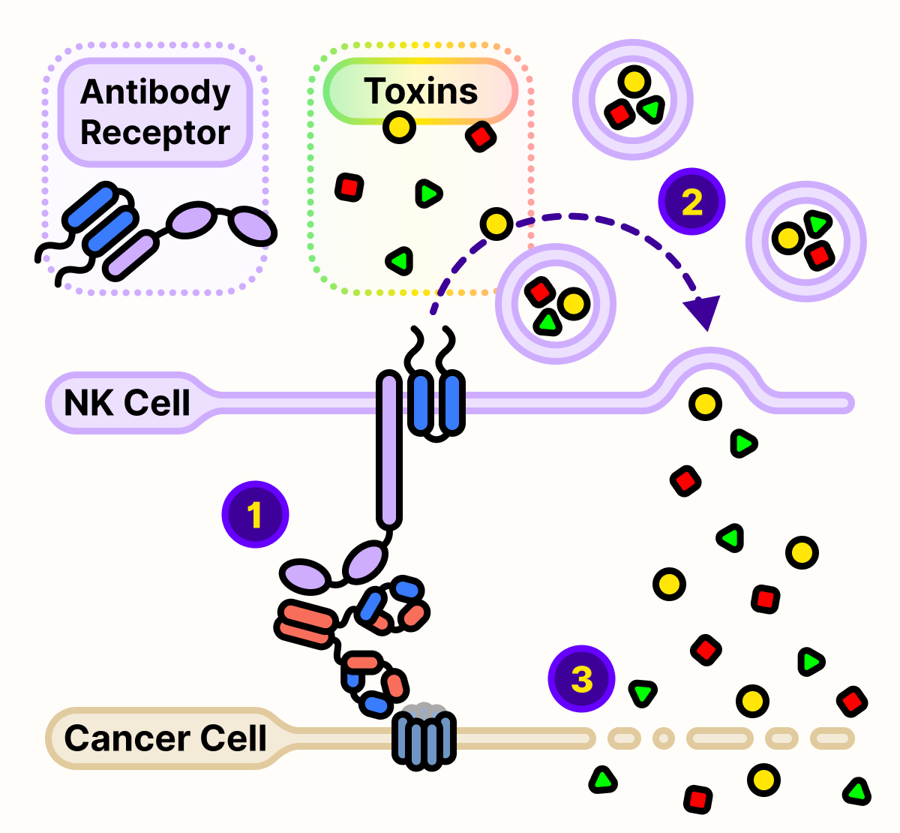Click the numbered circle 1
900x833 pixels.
point(255,514)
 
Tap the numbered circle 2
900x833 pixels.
point(691,201)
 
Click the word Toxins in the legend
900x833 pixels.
point(421,92)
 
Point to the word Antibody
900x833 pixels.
point(155,92)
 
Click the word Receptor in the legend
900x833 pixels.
point(155,133)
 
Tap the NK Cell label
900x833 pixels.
point(127,403)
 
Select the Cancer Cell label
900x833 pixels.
point(165,738)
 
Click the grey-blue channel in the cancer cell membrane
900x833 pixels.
point(424,739)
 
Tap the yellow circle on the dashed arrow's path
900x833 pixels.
point(496,223)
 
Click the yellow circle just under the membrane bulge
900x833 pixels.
point(704,404)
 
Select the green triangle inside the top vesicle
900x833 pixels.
point(651,110)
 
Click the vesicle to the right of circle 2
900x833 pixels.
point(805,241)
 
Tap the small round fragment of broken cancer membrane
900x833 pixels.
point(663,738)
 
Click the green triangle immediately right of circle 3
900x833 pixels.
point(643,692)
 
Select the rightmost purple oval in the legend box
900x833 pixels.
point(251,225)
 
